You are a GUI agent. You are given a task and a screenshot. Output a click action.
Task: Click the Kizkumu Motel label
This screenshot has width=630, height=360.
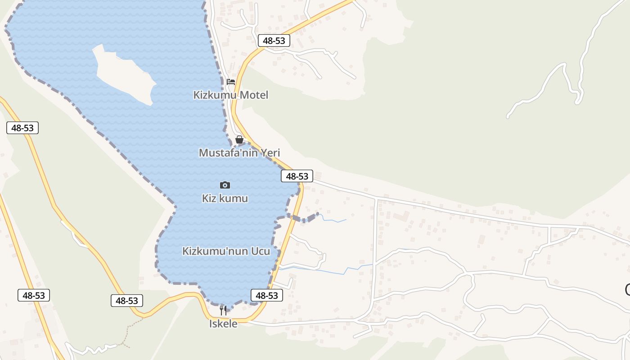(x=231, y=95)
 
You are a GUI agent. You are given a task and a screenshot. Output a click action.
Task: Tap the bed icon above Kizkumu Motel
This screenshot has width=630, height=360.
(x=231, y=82)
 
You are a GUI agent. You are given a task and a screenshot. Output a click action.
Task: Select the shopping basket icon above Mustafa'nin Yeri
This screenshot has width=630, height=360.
(x=239, y=139)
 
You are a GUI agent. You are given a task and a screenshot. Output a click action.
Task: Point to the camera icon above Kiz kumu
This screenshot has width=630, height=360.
(x=225, y=185)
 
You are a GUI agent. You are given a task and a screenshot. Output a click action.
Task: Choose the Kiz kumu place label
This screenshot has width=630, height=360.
(x=225, y=198)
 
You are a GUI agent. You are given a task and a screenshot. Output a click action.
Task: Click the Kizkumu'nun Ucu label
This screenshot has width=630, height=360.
(x=226, y=251)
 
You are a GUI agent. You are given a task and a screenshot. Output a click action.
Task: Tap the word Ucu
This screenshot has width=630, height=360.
(x=261, y=251)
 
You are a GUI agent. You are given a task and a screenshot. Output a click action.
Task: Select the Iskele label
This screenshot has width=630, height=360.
(x=223, y=324)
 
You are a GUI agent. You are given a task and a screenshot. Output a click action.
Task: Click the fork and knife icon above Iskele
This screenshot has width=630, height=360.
(x=223, y=310)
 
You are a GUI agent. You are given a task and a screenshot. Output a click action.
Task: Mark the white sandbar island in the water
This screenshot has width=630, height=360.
(x=124, y=74)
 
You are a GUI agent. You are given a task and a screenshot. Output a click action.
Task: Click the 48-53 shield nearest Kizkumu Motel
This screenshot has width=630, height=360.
(x=274, y=40)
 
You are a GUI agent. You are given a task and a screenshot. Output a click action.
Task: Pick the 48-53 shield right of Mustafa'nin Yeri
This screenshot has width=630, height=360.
(x=297, y=176)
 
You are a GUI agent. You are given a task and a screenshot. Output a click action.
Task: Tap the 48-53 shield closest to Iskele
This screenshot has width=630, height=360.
(x=267, y=295)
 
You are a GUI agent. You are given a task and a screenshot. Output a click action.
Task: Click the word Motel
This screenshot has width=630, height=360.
(x=254, y=95)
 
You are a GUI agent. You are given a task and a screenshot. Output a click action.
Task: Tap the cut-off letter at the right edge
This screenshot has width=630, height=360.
(x=627, y=290)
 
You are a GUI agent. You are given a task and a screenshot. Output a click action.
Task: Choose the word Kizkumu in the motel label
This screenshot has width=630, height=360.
(x=215, y=95)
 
